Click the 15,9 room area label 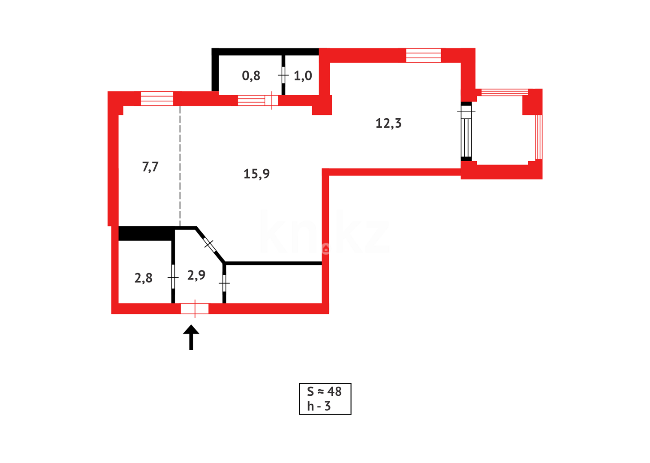(256, 174)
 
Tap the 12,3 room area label (388, 123)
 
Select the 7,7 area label (150, 166)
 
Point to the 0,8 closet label (251, 76)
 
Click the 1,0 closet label (303, 76)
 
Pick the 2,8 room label (143, 278)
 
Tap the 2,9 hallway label (196, 275)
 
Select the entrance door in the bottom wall (195, 309)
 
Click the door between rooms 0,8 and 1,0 (283, 75)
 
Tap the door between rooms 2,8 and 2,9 (173, 277)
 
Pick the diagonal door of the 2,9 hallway (209, 244)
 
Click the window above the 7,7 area (157, 99)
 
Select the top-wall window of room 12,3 (423, 55)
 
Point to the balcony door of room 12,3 (466, 131)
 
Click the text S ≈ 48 (324, 391)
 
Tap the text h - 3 (319, 406)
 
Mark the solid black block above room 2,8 (145, 234)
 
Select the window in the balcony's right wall (539, 137)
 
